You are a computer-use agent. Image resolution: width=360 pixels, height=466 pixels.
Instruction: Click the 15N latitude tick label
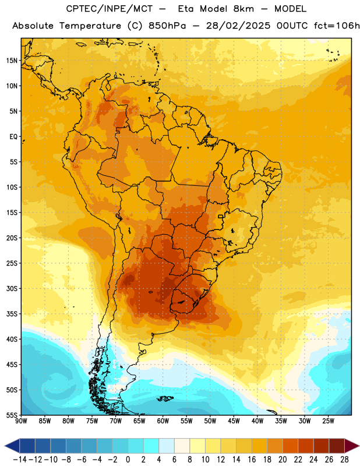coord(12,61)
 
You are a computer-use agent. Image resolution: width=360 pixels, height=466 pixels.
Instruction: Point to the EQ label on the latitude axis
coord(13,137)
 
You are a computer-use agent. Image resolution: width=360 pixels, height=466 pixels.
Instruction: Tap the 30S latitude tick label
coord(12,288)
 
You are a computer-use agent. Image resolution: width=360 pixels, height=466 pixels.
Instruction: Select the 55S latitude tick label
coord(12,415)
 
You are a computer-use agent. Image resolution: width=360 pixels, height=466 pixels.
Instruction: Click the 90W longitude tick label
coord(21,421)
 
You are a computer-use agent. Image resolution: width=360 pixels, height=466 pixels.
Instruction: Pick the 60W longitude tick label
coord(163,421)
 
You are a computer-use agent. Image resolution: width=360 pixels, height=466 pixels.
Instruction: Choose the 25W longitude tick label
coord(328,421)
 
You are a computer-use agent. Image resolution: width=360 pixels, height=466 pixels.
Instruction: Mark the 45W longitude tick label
coord(234,421)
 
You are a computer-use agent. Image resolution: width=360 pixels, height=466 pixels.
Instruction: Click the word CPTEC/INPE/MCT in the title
coord(109,9)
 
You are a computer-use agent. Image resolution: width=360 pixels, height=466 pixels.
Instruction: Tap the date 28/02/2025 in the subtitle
coord(238,26)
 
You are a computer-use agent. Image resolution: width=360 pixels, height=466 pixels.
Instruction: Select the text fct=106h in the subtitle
coord(337,26)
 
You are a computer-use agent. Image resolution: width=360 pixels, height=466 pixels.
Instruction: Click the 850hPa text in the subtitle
coord(167,26)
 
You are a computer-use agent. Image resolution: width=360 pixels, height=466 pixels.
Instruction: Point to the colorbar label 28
coord(344,460)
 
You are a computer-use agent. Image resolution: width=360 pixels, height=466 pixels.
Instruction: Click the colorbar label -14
coord(20,460)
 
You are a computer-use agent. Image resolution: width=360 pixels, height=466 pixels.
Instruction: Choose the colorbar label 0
coord(128,460)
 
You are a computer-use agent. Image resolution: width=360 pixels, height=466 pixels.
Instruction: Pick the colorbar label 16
coord(252,460)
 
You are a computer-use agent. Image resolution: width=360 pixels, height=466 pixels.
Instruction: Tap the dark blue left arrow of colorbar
coord(12,446)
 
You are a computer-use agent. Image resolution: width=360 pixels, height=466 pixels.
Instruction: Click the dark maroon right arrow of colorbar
coord(352,446)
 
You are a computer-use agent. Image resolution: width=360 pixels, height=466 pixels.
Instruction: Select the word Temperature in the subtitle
coord(90,26)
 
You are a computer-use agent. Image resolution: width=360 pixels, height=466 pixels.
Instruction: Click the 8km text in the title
coord(243,9)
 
